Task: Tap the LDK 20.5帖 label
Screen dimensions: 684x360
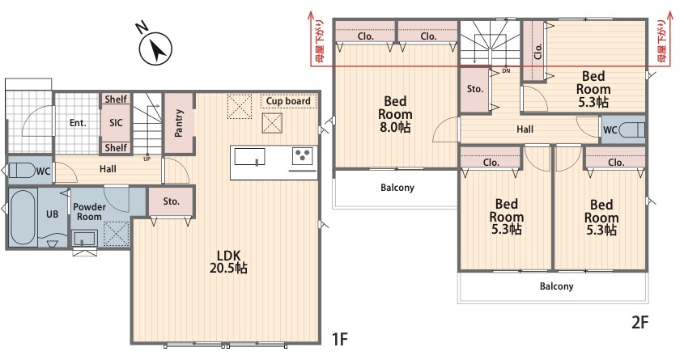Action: click(x=228, y=261)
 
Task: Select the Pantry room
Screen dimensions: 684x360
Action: click(x=179, y=123)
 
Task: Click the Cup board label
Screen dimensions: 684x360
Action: click(x=288, y=101)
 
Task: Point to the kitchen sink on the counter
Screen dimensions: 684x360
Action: click(x=249, y=157)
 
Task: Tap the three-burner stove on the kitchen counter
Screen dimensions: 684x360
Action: click(x=302, y=155)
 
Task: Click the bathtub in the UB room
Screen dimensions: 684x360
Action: click(x=23, y=217)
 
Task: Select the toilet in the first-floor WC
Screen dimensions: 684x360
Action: click(x=21, y=170)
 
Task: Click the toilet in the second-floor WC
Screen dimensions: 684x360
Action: click(x=631, y=130)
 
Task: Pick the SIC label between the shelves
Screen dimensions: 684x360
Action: click(x=116, y=123)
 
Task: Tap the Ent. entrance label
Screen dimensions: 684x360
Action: click(x=78, y=123)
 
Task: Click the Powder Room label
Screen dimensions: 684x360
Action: click(x=89, y=211)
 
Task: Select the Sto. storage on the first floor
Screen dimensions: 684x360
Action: click(x=172, y=201)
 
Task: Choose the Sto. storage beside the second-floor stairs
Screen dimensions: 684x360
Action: click(x=474, y=89)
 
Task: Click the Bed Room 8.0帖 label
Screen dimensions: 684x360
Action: click(x=395, y=114)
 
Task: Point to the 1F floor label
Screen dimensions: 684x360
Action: click(x=340, y=339)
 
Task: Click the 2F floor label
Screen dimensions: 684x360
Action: click(x=640, y=322)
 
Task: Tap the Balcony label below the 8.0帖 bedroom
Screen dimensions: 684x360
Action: click(x=397, y=188)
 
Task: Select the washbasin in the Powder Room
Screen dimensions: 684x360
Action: click(x=85, y=239)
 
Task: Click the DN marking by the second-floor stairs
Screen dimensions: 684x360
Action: click(x=506, y=70)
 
